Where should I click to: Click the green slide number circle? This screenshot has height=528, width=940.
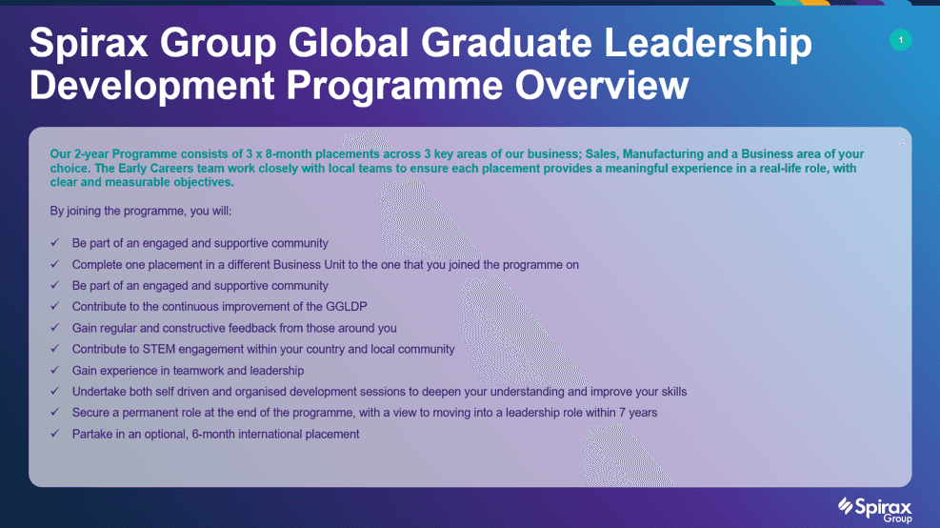coord(900,40)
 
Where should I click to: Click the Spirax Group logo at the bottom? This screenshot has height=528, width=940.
coord(875,510)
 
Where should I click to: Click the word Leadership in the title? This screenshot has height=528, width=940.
coord(708,43)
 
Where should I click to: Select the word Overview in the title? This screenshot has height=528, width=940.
coord(602,85)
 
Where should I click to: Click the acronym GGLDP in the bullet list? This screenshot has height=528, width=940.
coord(347,307)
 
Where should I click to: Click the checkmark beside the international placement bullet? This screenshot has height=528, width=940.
coord(55,434)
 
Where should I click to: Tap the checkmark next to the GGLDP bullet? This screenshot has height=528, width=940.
coord(55,306)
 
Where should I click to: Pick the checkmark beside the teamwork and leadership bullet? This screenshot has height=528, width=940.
coord(55,370)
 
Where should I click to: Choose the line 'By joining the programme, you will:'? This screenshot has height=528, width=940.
coord(141,212)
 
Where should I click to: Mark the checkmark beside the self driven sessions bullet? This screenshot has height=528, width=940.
coord(55,391)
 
